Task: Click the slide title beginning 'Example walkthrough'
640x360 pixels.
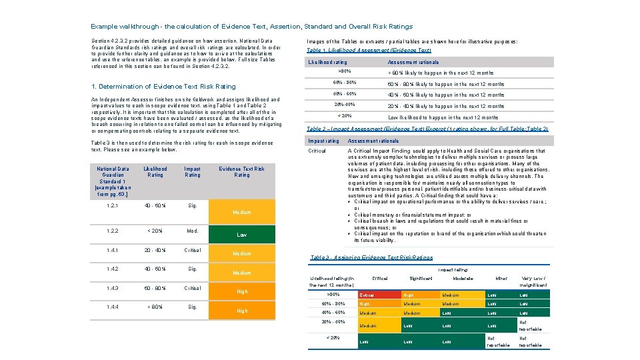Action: point(251,27)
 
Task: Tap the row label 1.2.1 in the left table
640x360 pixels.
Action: point(113,206)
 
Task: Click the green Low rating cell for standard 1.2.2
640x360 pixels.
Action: point(241,235)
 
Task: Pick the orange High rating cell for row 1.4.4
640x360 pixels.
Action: point(241,311)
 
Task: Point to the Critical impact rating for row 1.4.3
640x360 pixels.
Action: point(192,289)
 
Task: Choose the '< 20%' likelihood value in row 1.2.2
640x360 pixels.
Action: point(155,231)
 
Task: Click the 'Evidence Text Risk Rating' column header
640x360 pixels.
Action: point(241,172)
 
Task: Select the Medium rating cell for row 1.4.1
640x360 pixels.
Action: point(241,253)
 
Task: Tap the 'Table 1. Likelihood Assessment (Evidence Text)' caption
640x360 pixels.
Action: point(369,50)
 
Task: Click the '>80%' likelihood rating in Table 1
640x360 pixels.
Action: point(345,70)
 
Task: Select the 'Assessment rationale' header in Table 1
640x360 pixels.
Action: point(413,62)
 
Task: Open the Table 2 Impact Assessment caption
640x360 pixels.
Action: point(427,128)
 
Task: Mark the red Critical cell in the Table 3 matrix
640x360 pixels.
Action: point(377,295)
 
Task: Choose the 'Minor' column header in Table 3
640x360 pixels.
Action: point(501,278)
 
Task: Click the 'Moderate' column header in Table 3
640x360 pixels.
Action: point(463,278)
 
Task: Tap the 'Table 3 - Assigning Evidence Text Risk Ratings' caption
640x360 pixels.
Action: point(371,257)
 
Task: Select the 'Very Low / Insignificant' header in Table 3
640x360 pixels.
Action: point(533,281)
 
